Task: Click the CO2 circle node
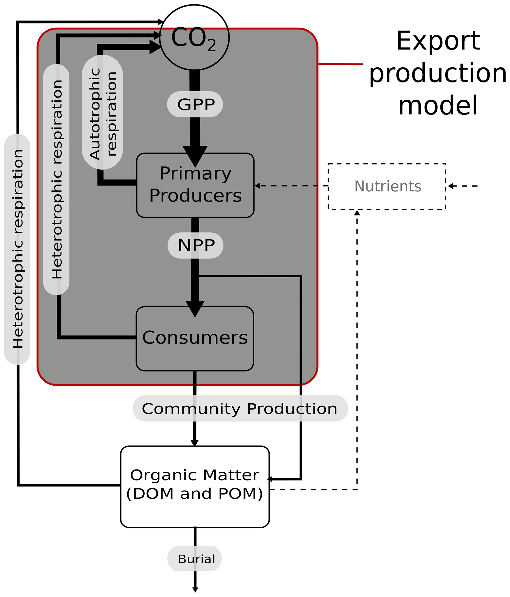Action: (x=194, y=37)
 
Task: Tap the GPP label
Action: (x=195, y=104)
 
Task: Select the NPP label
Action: (x=196, y=245)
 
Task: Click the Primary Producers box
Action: (x=195, y=185)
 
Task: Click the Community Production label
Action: (x=240, y=409)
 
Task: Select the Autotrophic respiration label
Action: (x=103, y=112)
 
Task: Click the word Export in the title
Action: (x=438, y=41)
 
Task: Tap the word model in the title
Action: (x=438, y=105)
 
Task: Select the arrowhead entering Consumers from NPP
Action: (x=195, y=308)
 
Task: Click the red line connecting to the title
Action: (x=340, y=64)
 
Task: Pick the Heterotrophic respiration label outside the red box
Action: (x=17, y=249)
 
